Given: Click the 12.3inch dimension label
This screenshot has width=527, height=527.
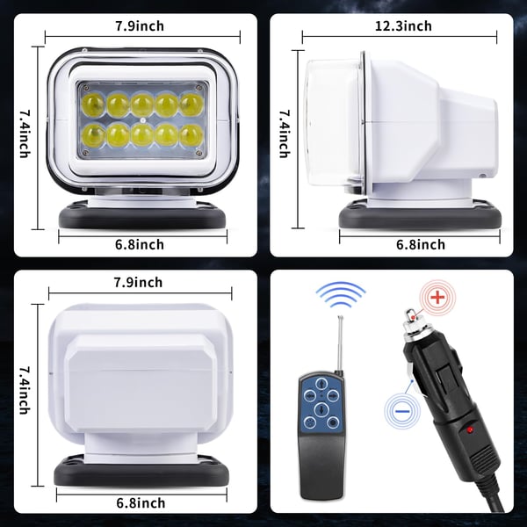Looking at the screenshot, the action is point(403,25).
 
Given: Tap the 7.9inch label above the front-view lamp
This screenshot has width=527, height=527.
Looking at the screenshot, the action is point(140,25).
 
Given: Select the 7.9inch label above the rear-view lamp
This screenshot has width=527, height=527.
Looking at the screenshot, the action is point(138,282).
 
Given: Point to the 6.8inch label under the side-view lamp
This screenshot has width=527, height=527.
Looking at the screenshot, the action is point(421,244).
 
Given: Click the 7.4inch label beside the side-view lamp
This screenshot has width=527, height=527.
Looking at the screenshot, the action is point(285,134).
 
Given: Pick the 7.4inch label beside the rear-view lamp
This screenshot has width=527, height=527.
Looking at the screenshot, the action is point(25,390).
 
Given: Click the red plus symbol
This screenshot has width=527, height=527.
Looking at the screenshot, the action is point(437,297).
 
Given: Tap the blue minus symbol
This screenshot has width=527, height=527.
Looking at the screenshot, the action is point(402,411).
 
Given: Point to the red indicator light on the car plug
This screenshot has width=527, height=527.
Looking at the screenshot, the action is point(470,430).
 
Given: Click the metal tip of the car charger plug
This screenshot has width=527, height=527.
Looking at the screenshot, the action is point(411,315).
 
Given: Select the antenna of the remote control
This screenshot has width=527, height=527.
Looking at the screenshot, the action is point(340,344).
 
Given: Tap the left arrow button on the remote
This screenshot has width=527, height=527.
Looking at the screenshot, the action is point(310,395).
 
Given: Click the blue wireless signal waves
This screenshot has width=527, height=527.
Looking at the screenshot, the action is point(341,295).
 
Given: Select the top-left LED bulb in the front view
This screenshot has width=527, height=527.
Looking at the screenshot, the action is point(93,105).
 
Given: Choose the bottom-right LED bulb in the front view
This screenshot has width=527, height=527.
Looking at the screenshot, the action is point(191,136).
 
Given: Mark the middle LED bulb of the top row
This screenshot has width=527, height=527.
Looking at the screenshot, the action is point(142,105).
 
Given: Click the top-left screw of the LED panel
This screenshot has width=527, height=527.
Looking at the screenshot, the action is point(86,88).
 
